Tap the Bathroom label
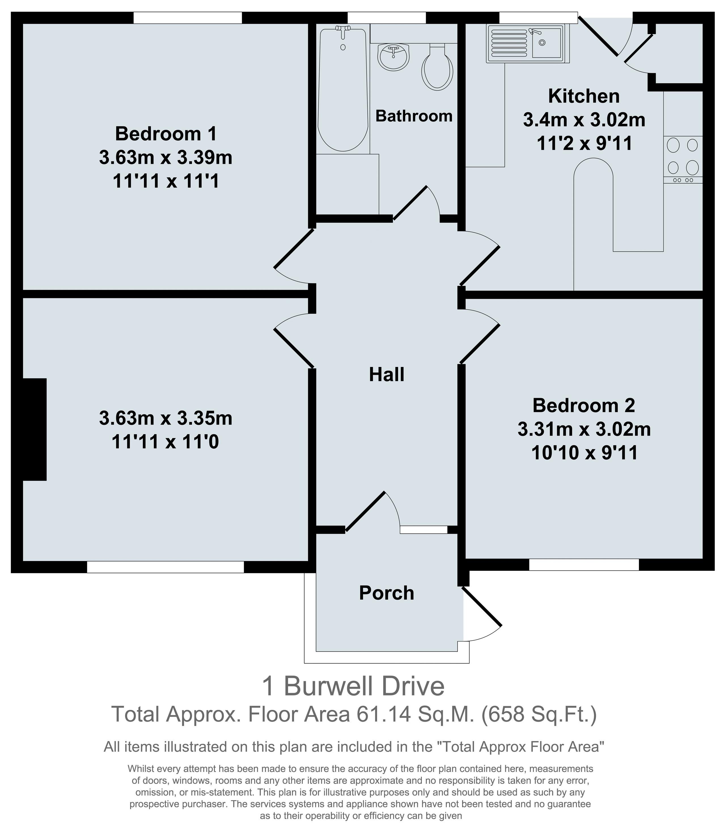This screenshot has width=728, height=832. pyautogui.click(x=414, y=116)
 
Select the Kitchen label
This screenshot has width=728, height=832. pyautogui.click(x=584, y=96)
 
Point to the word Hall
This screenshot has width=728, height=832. pyautogui.click(x=386, y=374)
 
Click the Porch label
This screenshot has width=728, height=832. pyautogui.click(x=386, y=593)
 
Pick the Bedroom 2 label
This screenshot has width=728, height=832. pyautogui.click(x=584, y=405)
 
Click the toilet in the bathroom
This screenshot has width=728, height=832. pyautogui.click(x=437, y=67)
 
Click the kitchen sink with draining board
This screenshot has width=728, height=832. pyautogui.click(x=528, y=43)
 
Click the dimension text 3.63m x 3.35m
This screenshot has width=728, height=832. pyautogui.click(x=166, y=419)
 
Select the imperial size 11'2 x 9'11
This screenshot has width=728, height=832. pyautogui.click(x=585, y=143)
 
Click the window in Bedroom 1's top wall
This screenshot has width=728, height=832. pyautogui.click(x=188, y=18)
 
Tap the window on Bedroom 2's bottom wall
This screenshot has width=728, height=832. pyautogui.click(x=584, y=565)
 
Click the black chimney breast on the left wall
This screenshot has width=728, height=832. pyautogui.click(x=35, y=430)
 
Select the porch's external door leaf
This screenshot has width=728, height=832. pyautogui.click(x=482, y=607)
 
